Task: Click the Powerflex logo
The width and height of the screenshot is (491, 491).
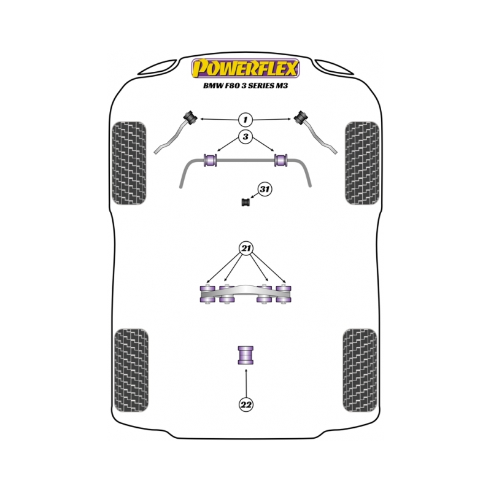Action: (x=245, y=68)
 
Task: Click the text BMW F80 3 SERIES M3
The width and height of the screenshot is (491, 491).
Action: (x=245, y=85)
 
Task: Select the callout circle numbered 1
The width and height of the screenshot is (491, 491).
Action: (x=245, y=119)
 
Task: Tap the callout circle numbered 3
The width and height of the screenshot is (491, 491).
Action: (x=245, y=137)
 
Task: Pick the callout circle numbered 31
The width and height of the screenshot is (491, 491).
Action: (x=265, y=189)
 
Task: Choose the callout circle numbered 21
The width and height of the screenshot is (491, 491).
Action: (x=246, y=249)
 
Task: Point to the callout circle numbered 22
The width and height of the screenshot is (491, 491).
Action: (x=246, y=404)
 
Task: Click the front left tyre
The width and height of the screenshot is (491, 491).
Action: (x=129, y=163)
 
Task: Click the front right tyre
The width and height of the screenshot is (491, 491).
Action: (x=362, y=163)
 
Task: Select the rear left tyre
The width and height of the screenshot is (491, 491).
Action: (x=131, y=370)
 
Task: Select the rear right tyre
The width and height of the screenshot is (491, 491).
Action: (x=360, y=370)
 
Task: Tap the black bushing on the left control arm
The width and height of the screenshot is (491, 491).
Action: (x=190, y=117)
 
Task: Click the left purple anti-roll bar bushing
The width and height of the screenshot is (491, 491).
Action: (x=211, y=160)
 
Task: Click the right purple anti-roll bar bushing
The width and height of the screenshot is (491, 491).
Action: (x=281, y=160)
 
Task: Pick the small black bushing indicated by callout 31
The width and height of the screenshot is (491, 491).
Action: (x=247, y=203)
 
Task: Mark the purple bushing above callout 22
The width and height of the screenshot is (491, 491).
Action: (x=246, y=355)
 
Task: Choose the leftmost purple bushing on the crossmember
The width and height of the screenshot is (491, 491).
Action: (x=207, y=294)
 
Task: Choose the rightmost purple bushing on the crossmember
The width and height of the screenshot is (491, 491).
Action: (x=284, y=294)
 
